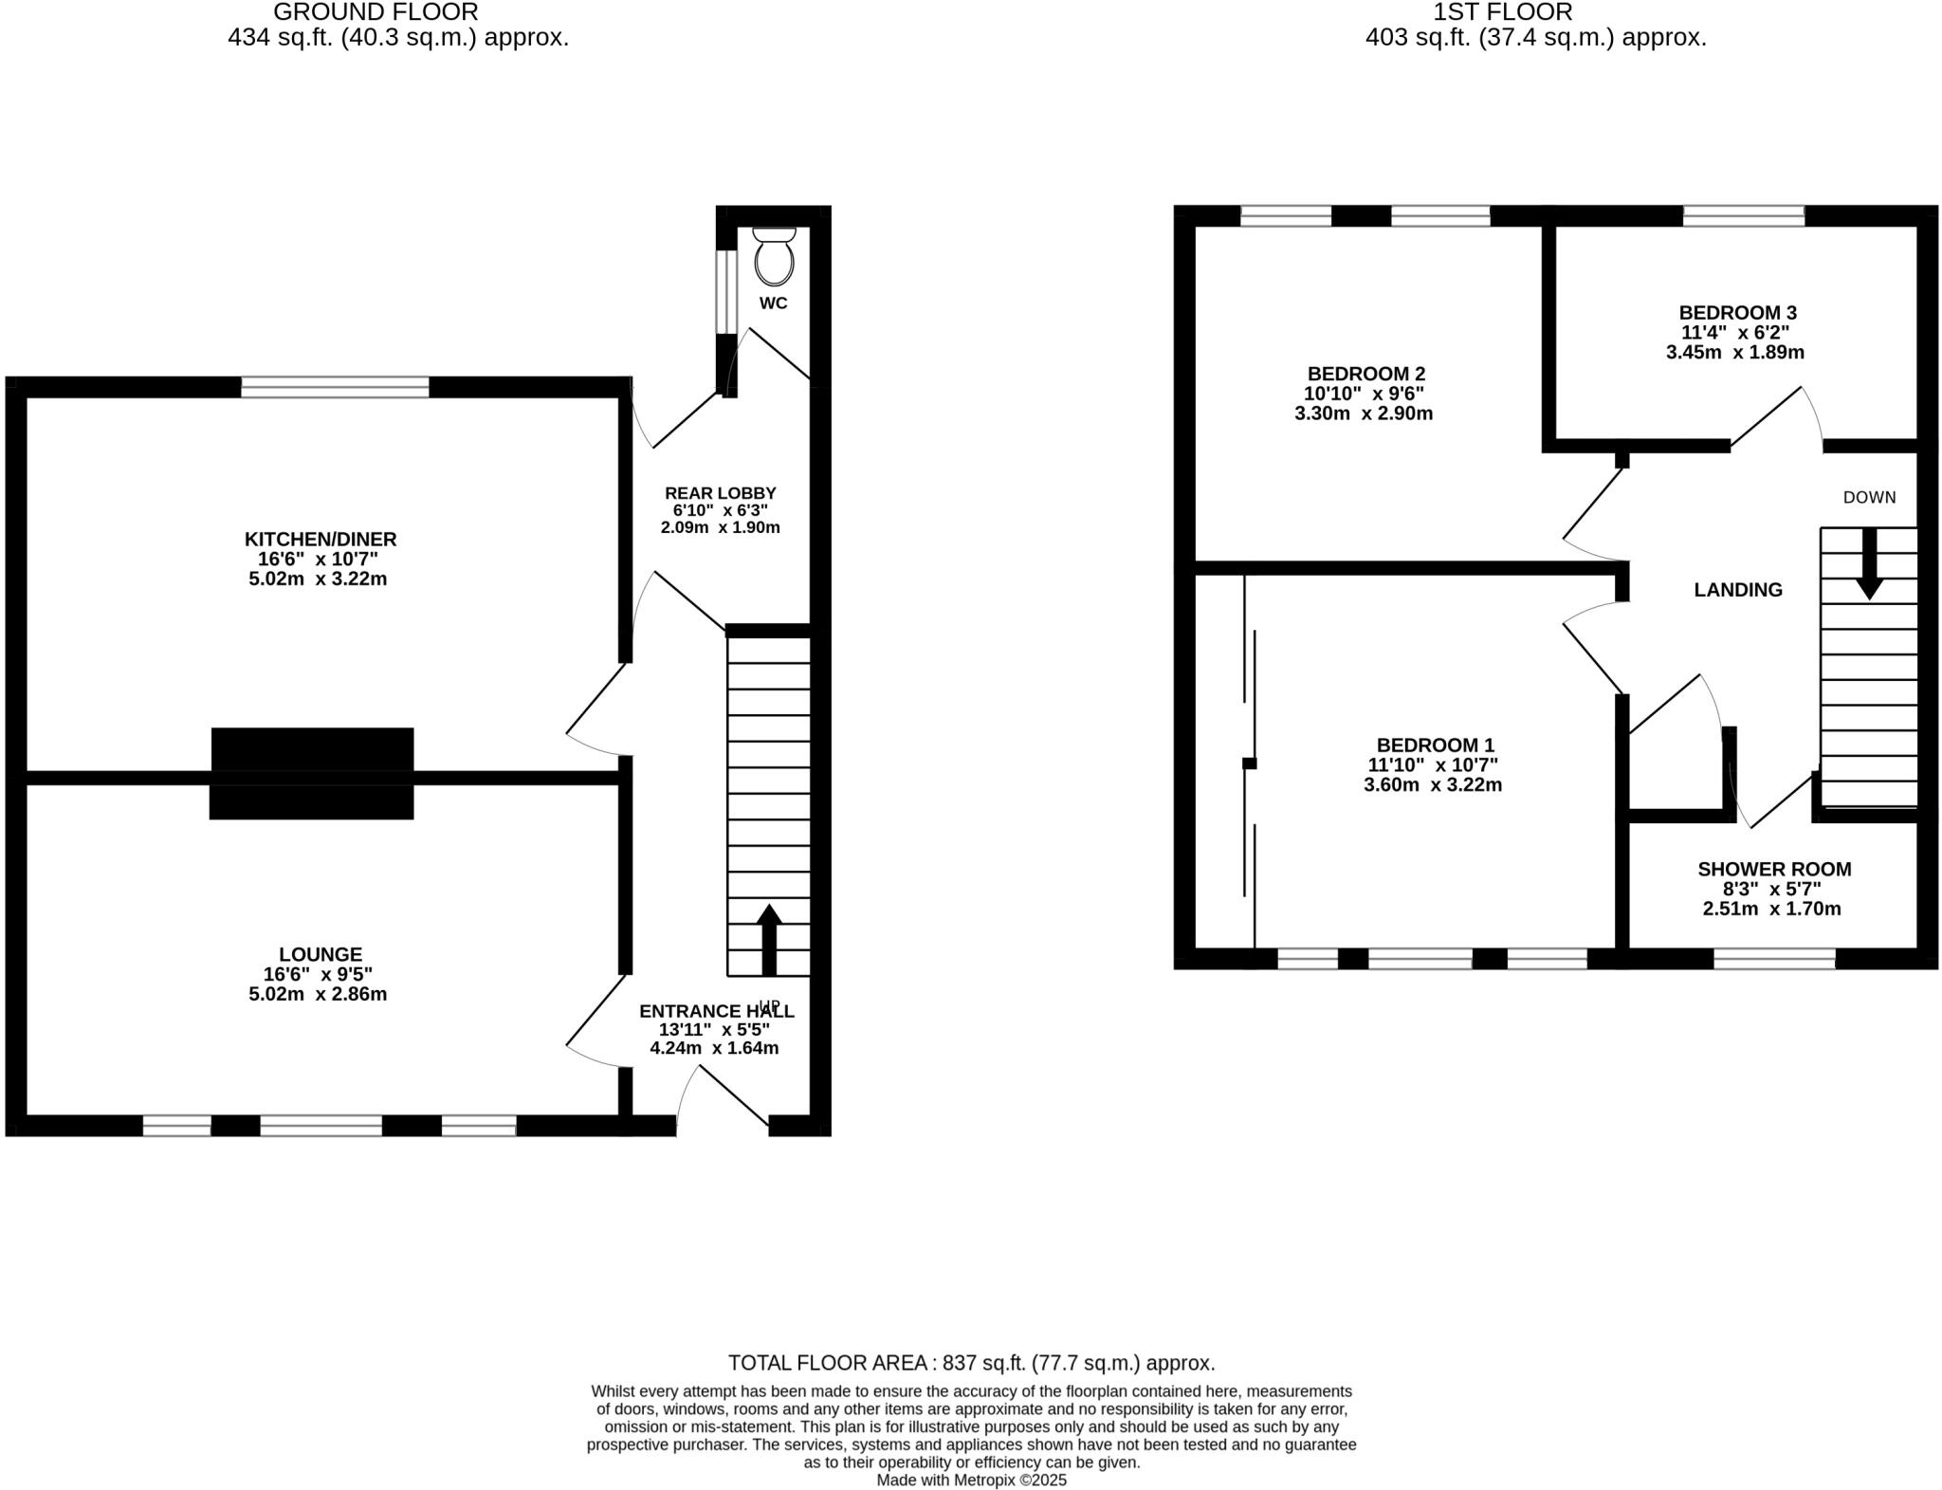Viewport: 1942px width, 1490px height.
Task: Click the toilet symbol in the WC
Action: click(774, 257)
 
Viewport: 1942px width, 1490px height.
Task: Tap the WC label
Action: click(774, 304)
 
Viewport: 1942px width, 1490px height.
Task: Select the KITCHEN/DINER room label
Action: click(321, 539)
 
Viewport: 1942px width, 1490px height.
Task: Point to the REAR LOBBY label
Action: click(721, 493)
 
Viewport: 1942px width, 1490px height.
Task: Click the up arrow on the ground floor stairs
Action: click(769, 938)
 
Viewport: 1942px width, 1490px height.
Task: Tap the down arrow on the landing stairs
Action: click(1869, 563)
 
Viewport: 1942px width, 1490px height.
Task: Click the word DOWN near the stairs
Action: click(1869, 497)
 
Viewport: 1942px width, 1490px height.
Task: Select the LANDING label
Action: click(1738, 590)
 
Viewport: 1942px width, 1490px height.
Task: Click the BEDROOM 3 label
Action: click(1737, 312)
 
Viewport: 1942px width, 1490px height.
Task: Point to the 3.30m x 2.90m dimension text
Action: click(1363, 414)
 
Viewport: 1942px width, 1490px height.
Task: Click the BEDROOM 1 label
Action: click(1436, 745)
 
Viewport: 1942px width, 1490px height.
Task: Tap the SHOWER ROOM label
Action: click(1773, 869)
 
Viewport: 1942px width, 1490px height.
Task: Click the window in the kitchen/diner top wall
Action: click(335, 387)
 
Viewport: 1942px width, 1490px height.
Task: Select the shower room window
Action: click(1774, 958)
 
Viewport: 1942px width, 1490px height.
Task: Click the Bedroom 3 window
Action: click(1743, 215)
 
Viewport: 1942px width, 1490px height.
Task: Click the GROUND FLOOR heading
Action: click(376, 12)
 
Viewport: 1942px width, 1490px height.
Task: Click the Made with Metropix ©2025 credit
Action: click(971, 1480)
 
